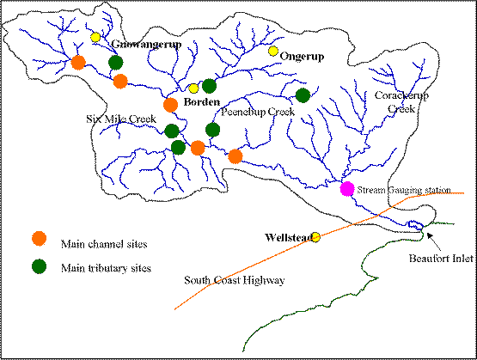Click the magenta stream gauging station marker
tap(347, 188)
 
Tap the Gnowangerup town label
tap(146, 45)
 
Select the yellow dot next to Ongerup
tap(273, 51)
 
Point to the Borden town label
tap(202, 102)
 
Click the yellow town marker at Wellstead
tap(315, 237)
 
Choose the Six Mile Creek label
tap(121, 119)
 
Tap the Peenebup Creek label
tap(258, 112)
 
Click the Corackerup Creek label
tap(401, 102)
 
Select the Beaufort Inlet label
tap(441, 259)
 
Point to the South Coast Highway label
tap(235, 280)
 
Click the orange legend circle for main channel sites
tap(40, 238)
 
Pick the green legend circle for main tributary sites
tap(40, 266)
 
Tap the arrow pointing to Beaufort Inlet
tap(433, 241)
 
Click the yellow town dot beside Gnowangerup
tap(95, 37)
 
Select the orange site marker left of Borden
tap(170, 105)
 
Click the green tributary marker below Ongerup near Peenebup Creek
tap(303, 95)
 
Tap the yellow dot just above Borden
tap(193, 88)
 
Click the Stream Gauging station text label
tap(404, 190)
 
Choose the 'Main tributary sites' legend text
tap(106, 268)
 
